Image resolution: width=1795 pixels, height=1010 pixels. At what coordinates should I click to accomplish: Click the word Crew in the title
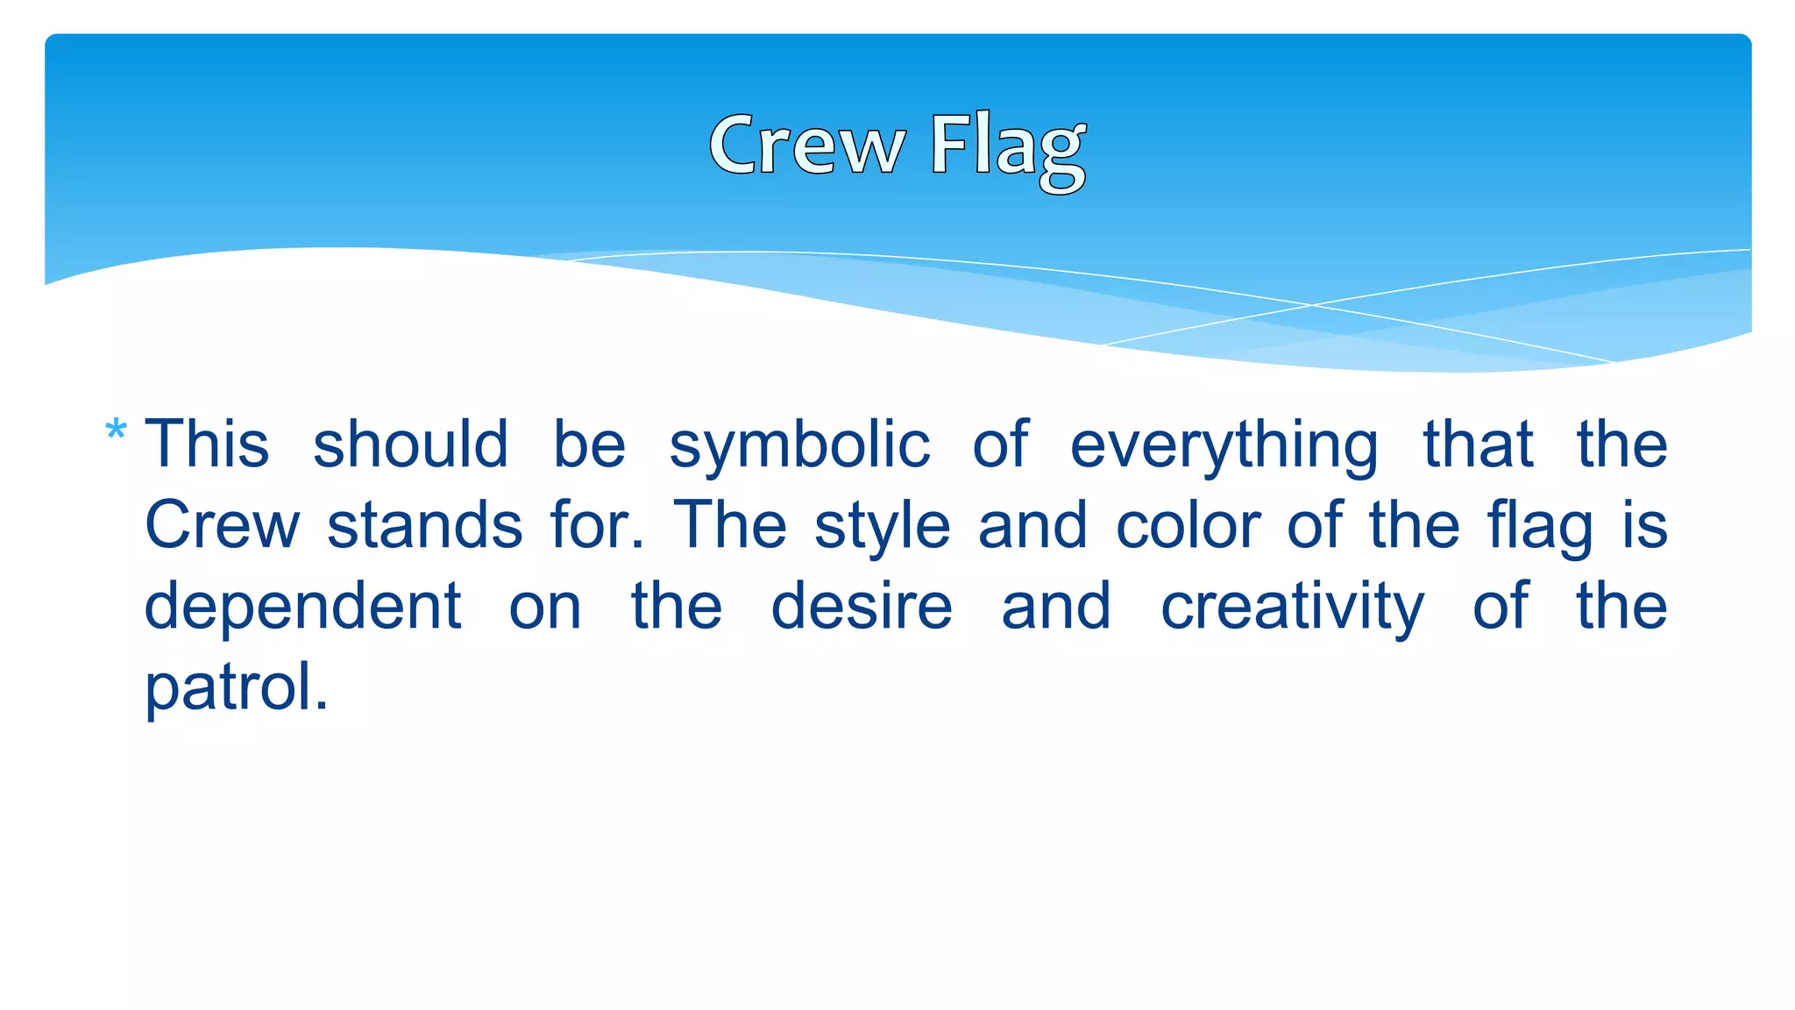click(806, 146)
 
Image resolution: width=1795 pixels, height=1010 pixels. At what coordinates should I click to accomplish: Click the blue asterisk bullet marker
click(116, 432)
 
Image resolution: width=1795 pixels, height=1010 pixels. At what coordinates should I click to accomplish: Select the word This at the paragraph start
click(207, 444)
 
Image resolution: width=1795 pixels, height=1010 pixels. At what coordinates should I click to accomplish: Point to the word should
click(410, 444)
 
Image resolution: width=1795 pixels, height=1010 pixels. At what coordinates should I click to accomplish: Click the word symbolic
click(798, 445)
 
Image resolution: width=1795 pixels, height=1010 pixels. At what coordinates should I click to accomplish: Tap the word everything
click(1224, 445)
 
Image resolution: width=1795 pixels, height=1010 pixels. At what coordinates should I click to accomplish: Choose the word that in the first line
click(1478, 444)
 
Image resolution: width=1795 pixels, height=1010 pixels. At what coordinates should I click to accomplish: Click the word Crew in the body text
click(222, 525)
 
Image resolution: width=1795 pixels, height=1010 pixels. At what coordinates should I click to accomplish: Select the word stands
click(425, 525)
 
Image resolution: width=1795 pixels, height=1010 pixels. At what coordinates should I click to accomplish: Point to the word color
click(1188, 525)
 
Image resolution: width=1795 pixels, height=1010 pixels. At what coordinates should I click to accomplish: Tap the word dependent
click(302, 607)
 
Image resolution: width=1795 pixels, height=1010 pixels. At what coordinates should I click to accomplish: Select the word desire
click(862, 607)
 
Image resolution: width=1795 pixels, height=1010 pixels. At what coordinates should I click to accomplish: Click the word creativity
click(1293, 608)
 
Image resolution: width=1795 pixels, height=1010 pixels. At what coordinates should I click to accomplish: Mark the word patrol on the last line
click(236, 688)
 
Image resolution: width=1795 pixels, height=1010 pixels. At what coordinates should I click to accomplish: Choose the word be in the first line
click(589, 444)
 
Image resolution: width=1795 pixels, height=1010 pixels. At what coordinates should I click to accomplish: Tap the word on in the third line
click(545, 608)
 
